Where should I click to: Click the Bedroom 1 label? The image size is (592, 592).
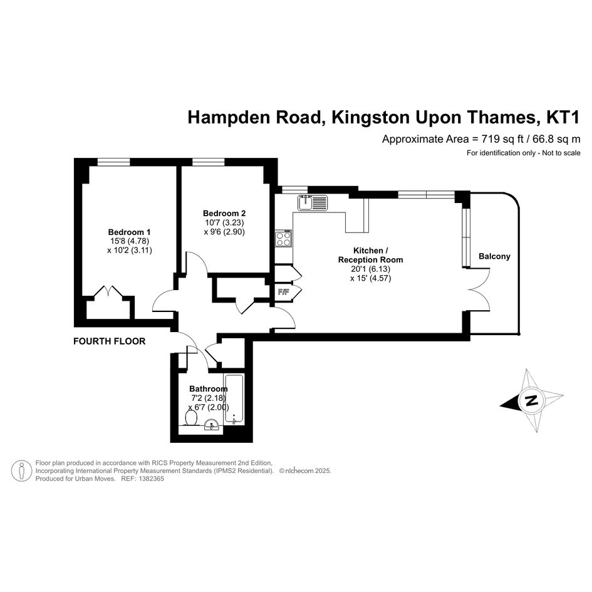(129, 232)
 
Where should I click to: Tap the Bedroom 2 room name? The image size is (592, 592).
(224, 214)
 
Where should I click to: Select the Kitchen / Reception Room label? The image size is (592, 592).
(370, 255)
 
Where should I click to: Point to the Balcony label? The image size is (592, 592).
(494, 256)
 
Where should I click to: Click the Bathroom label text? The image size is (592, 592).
(209, 388)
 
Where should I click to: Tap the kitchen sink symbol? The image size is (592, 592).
(312, 203)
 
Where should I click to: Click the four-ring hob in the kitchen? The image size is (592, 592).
(283, 238)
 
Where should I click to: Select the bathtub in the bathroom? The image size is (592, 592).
(234, 398)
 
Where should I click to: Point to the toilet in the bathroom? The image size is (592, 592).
(192, 418)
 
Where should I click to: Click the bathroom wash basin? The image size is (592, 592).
(212, 425)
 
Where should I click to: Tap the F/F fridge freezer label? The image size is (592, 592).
(283, 292)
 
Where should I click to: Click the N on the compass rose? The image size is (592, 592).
(532, 400)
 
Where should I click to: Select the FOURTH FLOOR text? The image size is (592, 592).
(110, 341)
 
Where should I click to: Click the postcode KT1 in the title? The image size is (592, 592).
(563, 117)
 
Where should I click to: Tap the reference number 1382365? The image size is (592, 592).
(152, 479)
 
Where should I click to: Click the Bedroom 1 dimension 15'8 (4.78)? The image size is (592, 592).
(130, 241)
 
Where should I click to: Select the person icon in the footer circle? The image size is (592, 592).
(21, 471)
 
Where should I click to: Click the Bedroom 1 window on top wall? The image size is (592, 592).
(113, 162)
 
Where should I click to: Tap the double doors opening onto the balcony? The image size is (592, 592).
(479, 289)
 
